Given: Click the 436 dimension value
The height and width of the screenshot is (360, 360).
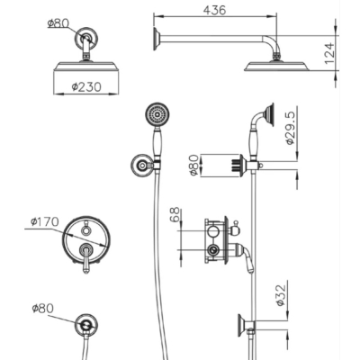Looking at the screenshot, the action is click(214, 10).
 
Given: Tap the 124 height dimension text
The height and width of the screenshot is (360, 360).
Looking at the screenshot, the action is click(329, 53).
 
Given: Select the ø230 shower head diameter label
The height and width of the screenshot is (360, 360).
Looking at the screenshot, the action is click(86, 87).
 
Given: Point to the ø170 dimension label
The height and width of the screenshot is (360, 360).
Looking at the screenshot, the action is click(44, 221).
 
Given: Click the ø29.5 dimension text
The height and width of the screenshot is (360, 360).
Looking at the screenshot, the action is click(291, 128).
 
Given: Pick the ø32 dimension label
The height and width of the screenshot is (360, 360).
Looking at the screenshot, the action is click(281, 295).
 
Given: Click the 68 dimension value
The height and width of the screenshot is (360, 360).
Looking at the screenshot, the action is click(175, 214).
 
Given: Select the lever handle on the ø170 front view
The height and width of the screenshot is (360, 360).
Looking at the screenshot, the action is click(86, 258).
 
